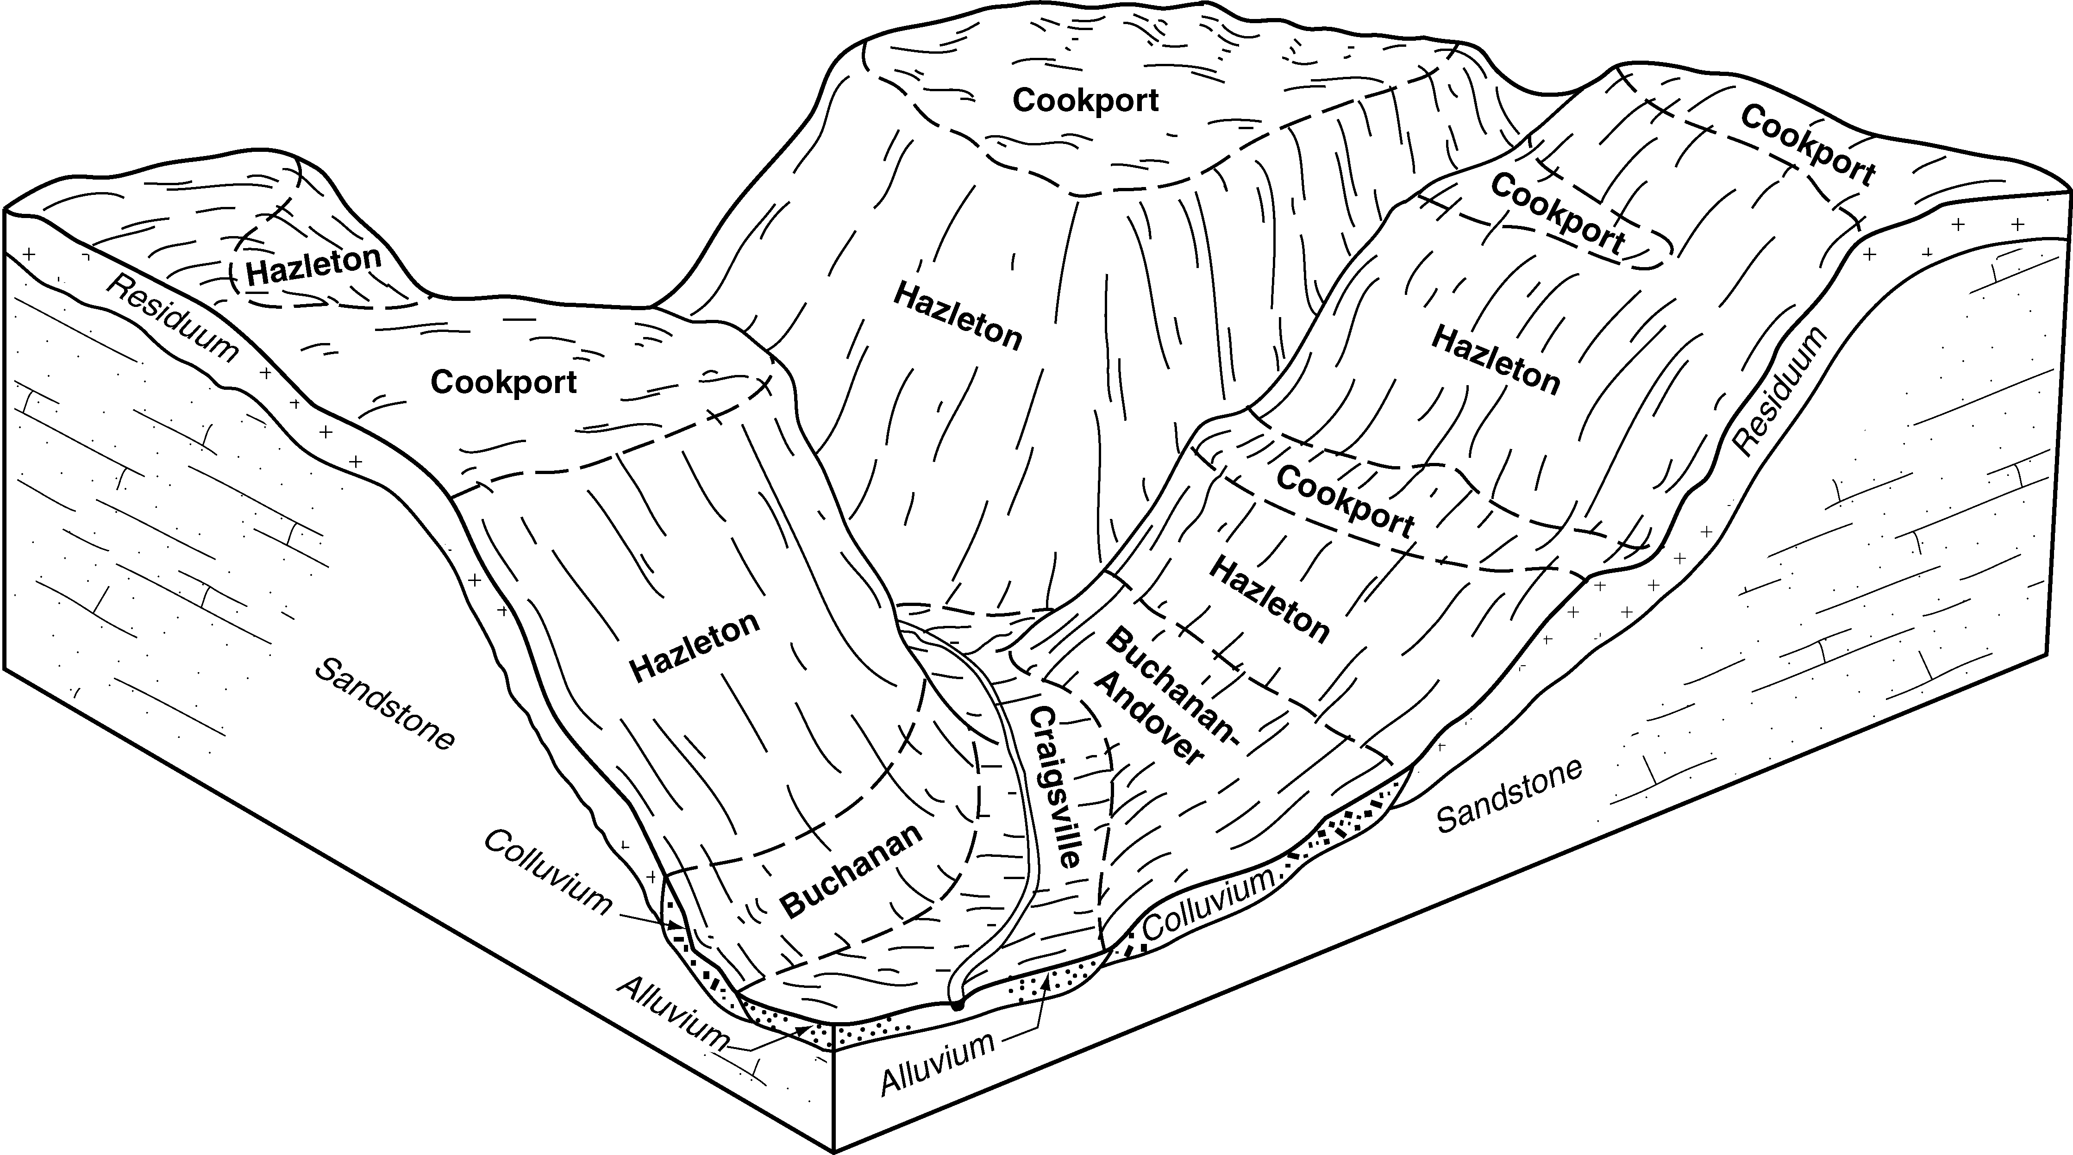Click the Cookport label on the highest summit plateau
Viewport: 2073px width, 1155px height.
point(1086,100)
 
